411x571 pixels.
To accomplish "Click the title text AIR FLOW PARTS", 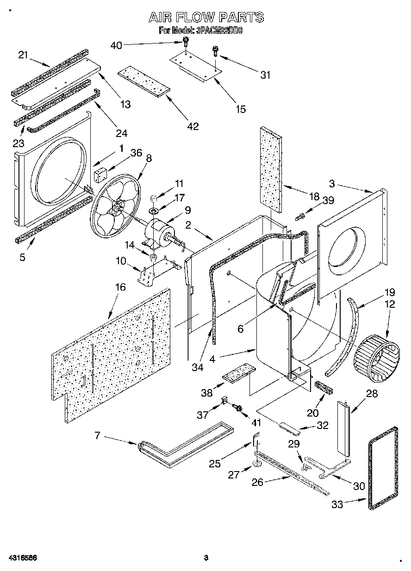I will pos(206,18).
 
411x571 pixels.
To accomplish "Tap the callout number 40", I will pos(117,45).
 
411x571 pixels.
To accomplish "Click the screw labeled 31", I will pos(215,50).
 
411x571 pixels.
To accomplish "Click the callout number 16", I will pos(120,287).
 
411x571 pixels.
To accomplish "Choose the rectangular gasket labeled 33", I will pos(384,468).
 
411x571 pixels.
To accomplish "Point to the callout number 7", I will pos(98,436).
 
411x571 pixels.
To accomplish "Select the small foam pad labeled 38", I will pos(239,373).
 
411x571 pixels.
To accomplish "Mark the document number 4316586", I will pos(22,557).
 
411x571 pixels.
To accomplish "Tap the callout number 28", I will pos(372,394).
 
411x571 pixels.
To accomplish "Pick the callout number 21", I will pos(24,55).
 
